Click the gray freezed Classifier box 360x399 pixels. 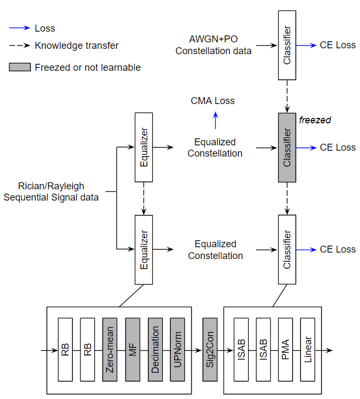coord(287,147)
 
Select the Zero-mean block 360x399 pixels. coord(109,350)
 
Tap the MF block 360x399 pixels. coord(132,350)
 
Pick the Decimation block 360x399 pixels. coord(155,350)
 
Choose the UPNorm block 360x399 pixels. coord(177,350)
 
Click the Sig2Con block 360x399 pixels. coord(209,350)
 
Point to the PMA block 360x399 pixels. coord(286,350)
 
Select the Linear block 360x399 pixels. coord(308,350)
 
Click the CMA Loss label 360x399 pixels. coord(213,101)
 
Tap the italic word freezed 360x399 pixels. coord(314,120)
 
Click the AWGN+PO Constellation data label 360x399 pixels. coord(213,46)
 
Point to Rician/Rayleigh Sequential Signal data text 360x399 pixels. coord(51,191)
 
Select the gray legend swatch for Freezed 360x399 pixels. coord(19,68)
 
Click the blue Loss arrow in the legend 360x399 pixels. coord(19,28)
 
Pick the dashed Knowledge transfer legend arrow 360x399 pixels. coord(19,46)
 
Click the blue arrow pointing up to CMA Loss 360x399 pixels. coord(215,121)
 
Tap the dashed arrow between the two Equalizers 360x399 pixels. coord(144,198)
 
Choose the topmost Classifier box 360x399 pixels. coord(287,45)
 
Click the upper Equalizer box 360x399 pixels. coord(144,147)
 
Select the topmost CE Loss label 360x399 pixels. coord(337,46)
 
